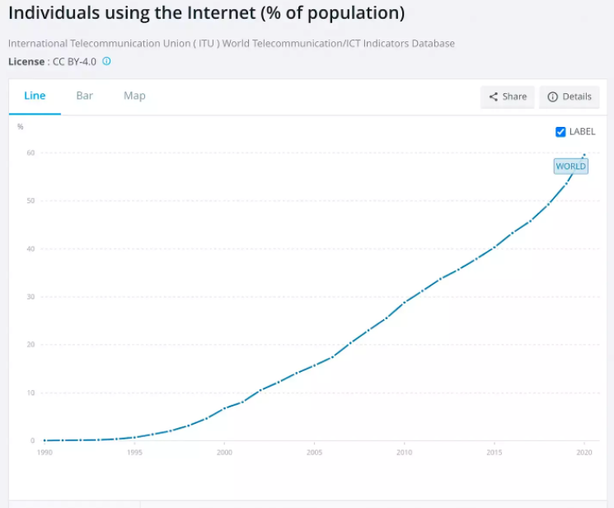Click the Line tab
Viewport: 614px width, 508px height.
[x=35, y=96]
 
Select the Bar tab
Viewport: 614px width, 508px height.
[x=85, y=96]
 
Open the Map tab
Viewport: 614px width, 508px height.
[x=134, y=96]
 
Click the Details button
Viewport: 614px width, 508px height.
[x=569, y=96]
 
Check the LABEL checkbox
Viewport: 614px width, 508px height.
[x=560, y=132]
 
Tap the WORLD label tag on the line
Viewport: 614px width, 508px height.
[x=570, y=166]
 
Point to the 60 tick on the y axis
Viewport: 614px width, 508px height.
[x=30, y=153]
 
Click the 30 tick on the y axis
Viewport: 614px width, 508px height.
[x=30, y=297]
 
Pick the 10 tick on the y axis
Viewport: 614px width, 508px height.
[x=30, y=393]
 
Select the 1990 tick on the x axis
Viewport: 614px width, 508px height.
[x=45, y=453]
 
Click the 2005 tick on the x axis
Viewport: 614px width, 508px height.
[x=314, y=453]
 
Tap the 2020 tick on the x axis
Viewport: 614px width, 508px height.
[x=584, y=453]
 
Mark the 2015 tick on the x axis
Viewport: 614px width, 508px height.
[x=494, y=453]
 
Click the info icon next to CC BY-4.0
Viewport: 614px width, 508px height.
[x=106, y=61]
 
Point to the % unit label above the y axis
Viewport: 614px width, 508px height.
[x=21, y=127]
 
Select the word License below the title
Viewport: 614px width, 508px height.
[x=27, y=61]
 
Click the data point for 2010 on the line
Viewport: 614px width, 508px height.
[x=404, y=303]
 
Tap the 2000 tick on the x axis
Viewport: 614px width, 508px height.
[x=224, y=453]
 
